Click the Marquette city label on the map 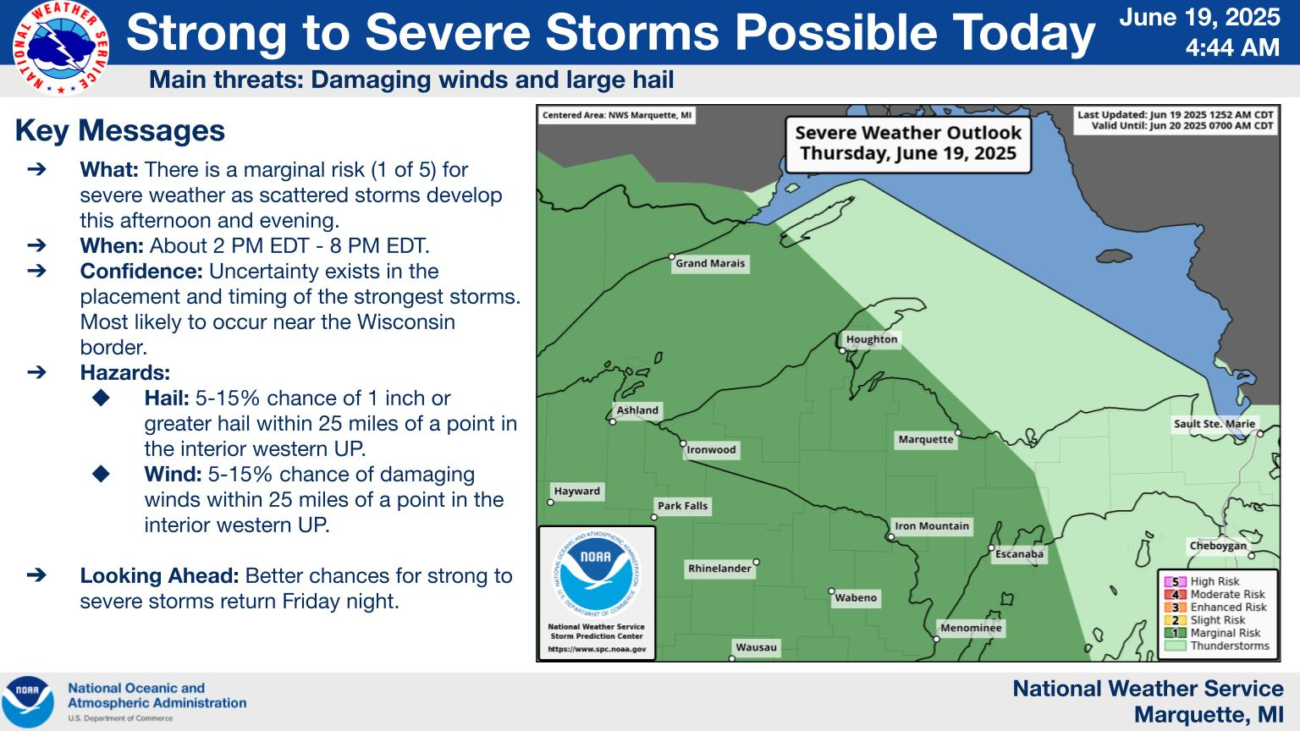click(x=926, y=439)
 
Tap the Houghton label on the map click(x=871, y=339)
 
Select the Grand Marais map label click(x=710, y=263)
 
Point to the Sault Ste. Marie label click(x=1215, y=424)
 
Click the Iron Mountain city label click(x=932, y=526)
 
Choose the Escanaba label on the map click(x=1019, y=554)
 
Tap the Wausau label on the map click(x=756, y=647)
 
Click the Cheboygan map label click(x=1218, y=546)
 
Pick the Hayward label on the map click(x=576, y=491)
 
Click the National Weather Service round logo click(x=61, y=48)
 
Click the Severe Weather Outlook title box click(x=907, y=144)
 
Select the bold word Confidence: click(x=141, y=271)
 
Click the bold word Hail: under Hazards click(x=167, y=398)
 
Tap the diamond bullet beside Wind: click(x=101, y=474)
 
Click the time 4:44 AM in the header click(x=1232, y=47)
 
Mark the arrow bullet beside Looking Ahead click(x=36, y=575)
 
